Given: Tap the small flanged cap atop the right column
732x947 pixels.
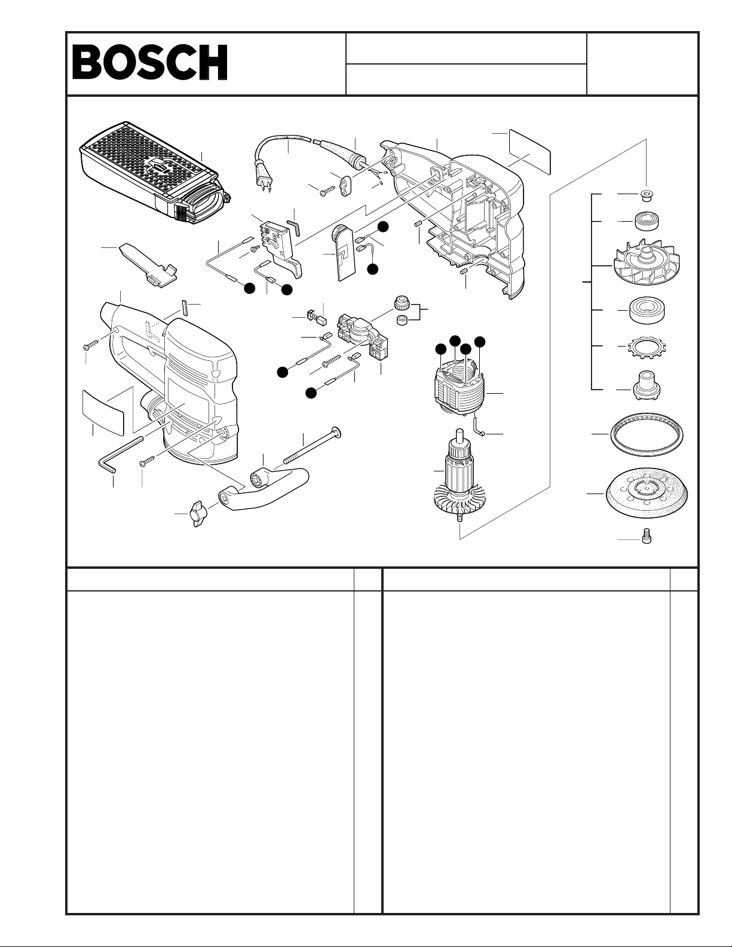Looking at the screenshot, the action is click(646, 195).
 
